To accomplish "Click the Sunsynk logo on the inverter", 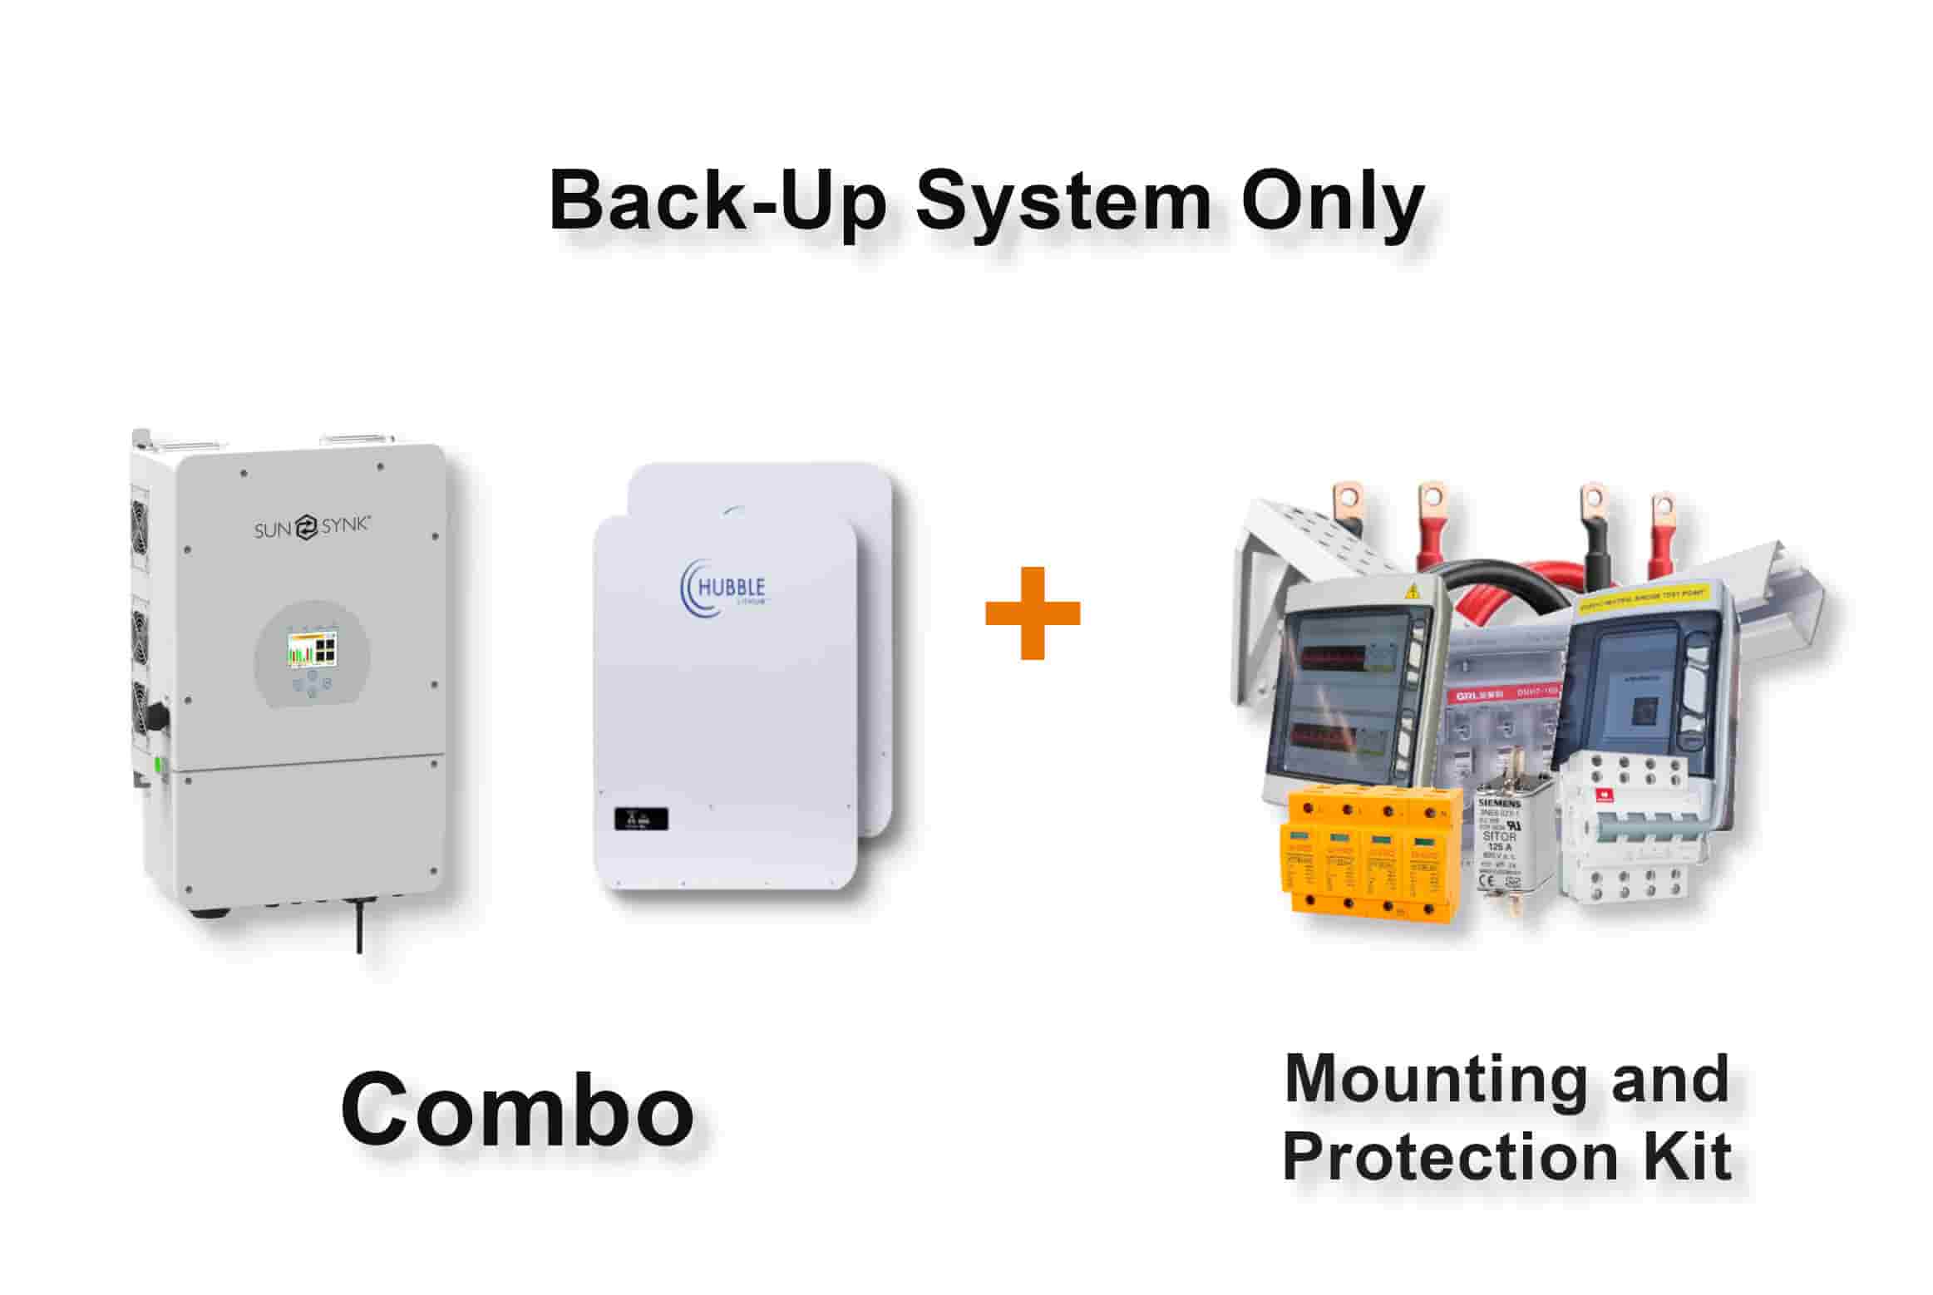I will (312, 527).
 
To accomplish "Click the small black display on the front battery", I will (640, 819).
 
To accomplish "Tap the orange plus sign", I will (1032, 613).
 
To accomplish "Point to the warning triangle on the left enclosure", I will (1410, 593).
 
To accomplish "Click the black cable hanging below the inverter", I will (359, 923).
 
